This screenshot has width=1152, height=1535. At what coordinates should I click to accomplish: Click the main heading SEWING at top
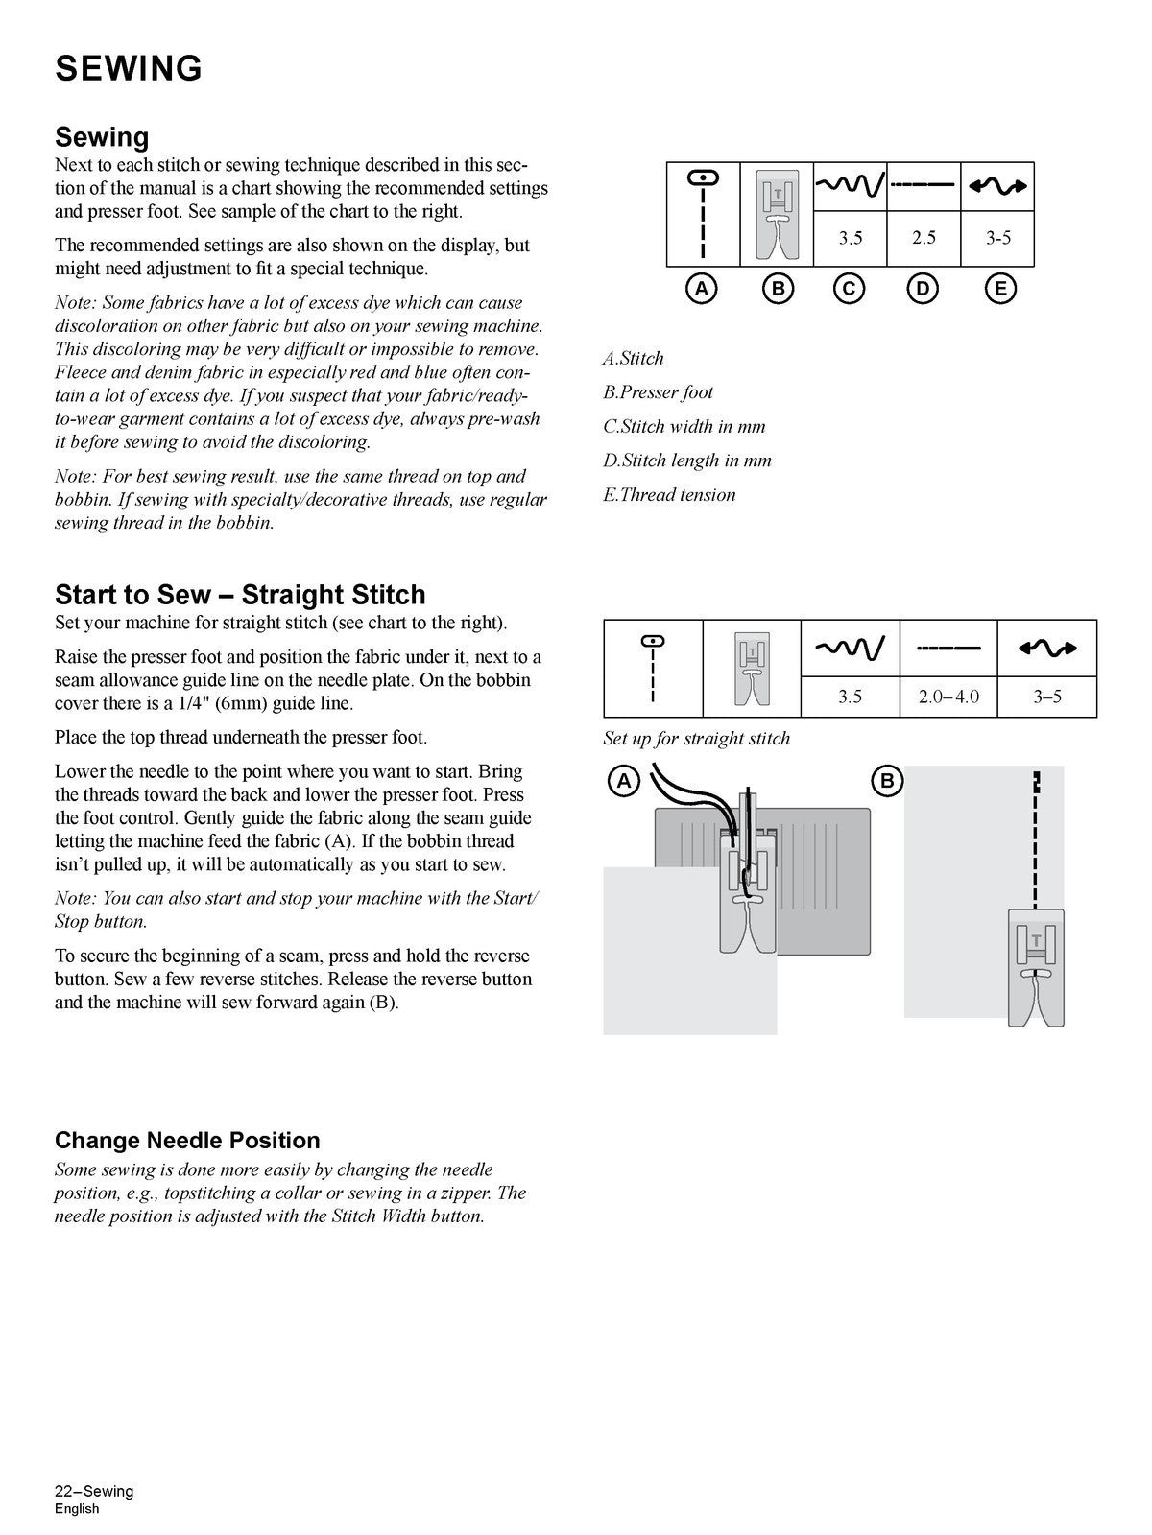tap(129, 69)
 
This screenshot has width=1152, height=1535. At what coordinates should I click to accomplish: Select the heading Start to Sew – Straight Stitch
tap(240, 595)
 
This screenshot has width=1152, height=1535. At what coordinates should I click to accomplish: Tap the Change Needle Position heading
tap(187, 1141)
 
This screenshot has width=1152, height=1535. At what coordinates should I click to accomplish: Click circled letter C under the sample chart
tap(849, 289)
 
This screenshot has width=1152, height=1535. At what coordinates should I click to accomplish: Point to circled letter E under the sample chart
tap(999, 289)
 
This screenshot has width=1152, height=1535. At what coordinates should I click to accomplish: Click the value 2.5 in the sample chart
tap(924, 238)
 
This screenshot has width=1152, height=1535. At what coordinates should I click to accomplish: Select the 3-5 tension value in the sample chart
tap(998, 238)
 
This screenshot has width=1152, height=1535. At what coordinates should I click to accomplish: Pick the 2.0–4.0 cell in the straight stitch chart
tap(948, 697)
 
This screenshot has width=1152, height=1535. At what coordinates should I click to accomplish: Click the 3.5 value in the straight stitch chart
tap(850, 697)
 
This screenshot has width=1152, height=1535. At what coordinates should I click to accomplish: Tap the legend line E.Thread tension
tap(669, 495)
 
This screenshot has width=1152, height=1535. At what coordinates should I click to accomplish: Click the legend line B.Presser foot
tap(658, 392)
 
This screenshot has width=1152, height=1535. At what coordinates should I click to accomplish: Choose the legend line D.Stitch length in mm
tap(686, 460)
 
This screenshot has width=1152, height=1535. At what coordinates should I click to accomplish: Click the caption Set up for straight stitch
tap(696, 739)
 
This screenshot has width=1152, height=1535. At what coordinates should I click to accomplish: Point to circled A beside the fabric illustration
tap(624, 781)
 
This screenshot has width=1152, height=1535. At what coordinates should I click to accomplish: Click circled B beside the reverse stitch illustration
tap(887, 781)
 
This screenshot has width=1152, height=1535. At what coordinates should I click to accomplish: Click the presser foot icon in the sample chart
tap(777, 214)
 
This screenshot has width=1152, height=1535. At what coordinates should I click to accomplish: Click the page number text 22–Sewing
tap(94, 1491)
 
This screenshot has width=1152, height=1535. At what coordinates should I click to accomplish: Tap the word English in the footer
tap(77, 1508)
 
